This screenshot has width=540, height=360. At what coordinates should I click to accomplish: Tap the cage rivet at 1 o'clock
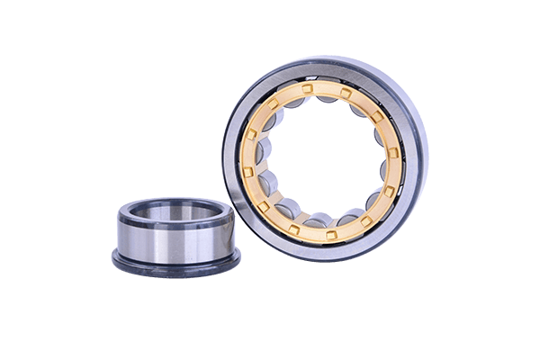point(345,94)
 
